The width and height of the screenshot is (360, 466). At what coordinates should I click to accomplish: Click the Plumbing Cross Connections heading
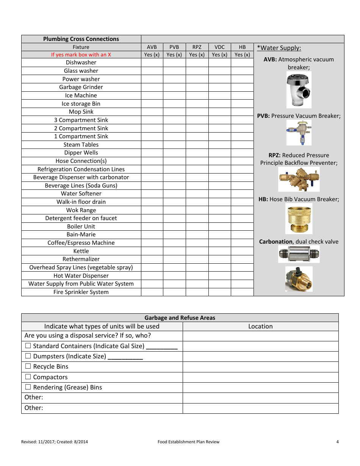click(81, 39)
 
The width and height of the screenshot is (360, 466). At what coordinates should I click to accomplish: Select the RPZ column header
click(197, 47)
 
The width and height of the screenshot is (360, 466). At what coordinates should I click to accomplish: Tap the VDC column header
click(219, 47)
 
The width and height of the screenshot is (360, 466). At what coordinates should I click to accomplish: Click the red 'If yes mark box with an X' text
click(81, 55)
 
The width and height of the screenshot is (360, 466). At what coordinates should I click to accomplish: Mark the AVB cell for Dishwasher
click(152, 63)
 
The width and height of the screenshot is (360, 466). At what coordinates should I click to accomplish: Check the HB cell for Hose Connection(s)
click(242, 161)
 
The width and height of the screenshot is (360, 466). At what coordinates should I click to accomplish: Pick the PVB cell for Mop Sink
click(174, 112)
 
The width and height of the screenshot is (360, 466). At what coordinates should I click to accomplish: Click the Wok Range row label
click(81, 210)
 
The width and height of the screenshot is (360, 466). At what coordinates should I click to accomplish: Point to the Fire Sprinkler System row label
click(81, 292)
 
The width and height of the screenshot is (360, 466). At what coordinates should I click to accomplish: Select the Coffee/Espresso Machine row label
click(81, 243)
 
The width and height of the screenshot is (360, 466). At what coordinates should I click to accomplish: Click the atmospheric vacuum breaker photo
click(299, 90)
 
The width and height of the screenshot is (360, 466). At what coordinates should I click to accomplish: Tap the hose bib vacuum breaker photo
click(299, 219)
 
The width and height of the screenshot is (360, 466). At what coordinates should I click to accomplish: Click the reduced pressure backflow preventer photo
click(299, 180)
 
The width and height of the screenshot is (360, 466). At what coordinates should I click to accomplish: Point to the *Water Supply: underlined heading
click(279, 48)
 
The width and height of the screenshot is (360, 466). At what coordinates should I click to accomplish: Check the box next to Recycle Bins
click(28, 366)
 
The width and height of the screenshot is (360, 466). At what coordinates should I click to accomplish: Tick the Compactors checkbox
click(28, 377)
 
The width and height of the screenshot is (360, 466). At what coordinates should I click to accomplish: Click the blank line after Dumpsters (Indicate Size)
click(125, 357)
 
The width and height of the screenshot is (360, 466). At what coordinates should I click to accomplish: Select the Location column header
click(260, 326)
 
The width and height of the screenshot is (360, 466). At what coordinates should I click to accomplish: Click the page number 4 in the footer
click(337, 442)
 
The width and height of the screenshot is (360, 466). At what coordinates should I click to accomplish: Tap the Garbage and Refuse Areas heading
click(180, 318)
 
